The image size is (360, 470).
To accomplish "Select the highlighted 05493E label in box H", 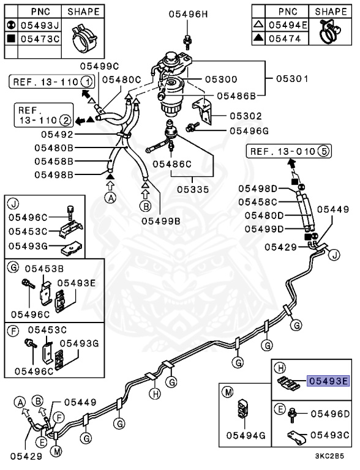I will [329, 380].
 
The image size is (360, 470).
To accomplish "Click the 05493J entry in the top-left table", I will [39, 26].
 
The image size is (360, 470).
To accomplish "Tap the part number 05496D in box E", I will [329, 414].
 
